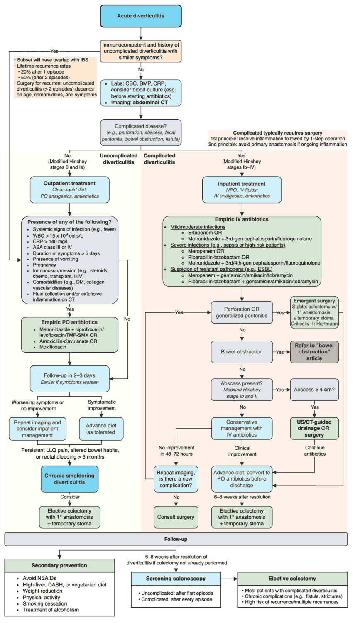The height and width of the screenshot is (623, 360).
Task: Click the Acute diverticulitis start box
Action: (141, 16)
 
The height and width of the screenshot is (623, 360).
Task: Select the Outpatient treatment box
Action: (69, 189)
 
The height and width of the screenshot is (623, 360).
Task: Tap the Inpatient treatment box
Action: (242, 189)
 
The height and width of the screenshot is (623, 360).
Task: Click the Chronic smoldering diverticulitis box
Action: (69, 479)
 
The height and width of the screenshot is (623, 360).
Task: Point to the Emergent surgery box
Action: (314, 312)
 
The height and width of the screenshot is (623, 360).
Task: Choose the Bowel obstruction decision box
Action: (242, 352)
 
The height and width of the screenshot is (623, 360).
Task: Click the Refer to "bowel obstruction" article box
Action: (314, 352)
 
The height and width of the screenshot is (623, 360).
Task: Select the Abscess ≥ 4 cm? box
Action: (314, 390)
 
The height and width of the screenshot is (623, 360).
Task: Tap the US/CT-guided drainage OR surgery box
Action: (314, 428)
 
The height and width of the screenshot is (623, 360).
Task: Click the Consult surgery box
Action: (176, 517)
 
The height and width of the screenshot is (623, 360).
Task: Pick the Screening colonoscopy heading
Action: (176, 579)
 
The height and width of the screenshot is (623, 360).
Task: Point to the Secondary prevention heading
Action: (59, 565)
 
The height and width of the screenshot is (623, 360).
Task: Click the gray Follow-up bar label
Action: (176, 539)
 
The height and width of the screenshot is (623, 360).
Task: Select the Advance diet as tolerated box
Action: (101, 429)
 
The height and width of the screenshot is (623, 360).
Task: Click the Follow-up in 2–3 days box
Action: (69, 378)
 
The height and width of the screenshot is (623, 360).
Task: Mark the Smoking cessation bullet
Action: (45, 603)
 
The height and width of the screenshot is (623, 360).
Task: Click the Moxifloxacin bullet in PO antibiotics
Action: (53, 347)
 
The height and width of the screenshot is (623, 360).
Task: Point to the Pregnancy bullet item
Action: (44, 265)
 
